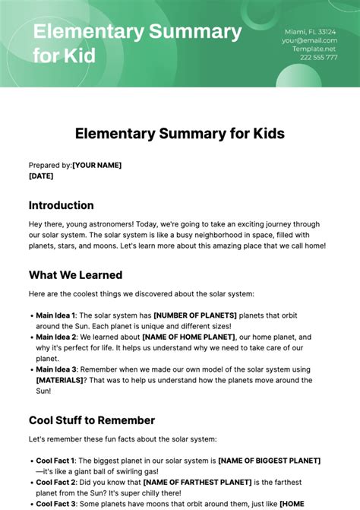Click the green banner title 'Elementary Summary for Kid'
pos(137,43)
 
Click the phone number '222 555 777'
pos(318,57)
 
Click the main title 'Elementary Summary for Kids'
pos(180,134)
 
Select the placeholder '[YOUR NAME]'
pos(96,165)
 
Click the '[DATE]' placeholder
pos(41,176)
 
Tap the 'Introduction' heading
pos(62,205)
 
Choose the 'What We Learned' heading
pos(75,275)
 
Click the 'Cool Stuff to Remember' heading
pos(92,420)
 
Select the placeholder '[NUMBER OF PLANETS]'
pos(195,315)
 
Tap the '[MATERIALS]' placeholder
pos(62,380)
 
